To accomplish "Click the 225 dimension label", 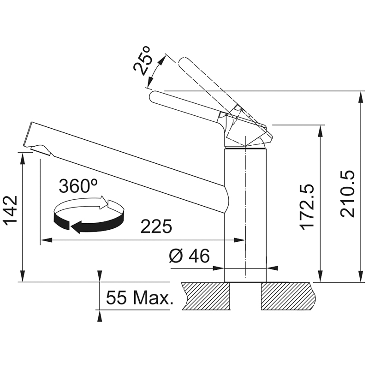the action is [x=156, y=226].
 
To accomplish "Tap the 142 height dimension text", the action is [x=11, y=210].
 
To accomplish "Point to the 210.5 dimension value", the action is [x=347, y=194].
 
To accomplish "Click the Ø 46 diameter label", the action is [x=189, y=256].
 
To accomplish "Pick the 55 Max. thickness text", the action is [x=140, y=298].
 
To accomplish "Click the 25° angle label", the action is [x=142, y=60].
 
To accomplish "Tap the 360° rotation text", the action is [x=78, y=186].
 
